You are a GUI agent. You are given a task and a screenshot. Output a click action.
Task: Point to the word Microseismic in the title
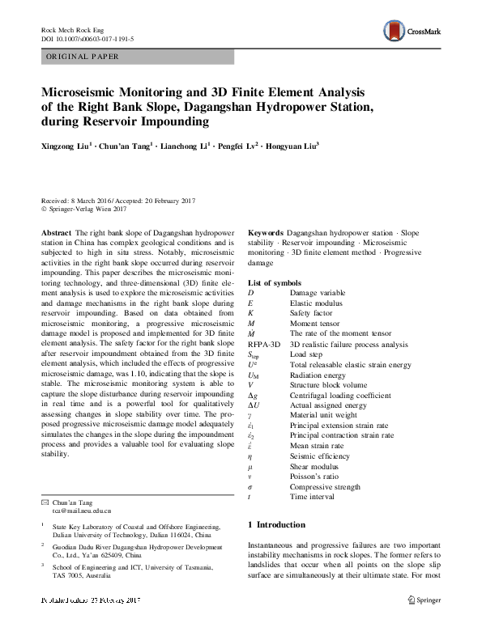click(x=84, y=92)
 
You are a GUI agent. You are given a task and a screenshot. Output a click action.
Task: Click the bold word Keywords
click(x=265, y=232)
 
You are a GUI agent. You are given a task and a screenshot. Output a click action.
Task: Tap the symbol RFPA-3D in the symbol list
click(x=264, y=344)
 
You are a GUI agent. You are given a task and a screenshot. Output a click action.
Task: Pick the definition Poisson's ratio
click(x=314, y=476)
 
